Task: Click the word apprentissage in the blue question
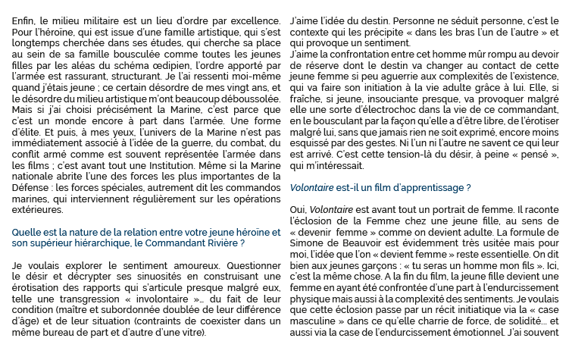(x=430, y=187)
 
